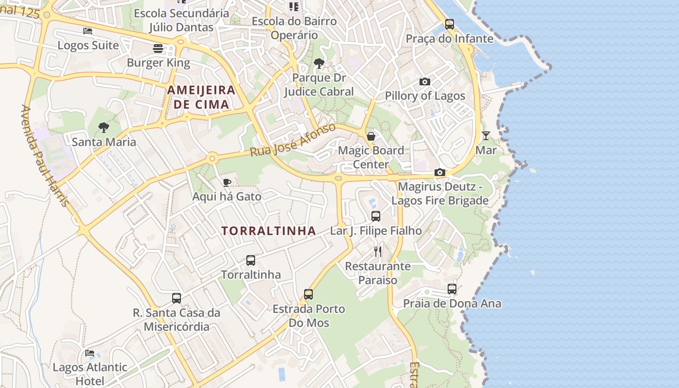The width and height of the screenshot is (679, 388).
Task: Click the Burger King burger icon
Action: tap(158, 48)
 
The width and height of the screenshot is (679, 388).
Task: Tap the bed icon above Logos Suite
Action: tap(88, 31)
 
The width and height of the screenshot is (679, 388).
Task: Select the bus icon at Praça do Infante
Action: tap(450, 24)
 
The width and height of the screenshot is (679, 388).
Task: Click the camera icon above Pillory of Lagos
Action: tap(425, 81)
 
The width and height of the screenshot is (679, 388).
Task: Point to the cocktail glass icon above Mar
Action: tap(486, 136)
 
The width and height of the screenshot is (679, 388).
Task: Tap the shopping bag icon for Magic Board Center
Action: tap(371, 136)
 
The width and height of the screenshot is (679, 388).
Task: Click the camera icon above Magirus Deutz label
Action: tap(440, 172)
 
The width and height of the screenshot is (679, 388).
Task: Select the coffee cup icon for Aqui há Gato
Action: tap(226, 182)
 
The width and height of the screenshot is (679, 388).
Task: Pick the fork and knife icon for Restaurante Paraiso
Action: tap(378, 252)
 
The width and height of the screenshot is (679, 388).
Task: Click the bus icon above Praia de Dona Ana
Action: tap(452, 289)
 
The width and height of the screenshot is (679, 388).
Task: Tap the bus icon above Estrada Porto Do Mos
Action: tap(308, 294)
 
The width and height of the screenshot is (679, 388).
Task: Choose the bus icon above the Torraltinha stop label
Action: tap(251, 260)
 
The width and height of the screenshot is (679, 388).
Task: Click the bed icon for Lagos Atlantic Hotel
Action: tap(90, 353)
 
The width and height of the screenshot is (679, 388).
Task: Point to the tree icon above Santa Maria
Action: tap(103, 128)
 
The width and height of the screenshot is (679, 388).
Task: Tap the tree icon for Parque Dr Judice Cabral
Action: tap(319, 63)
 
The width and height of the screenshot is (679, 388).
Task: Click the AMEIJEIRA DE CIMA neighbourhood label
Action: tap(201, 97)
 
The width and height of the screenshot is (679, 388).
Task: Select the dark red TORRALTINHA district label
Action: tap(269, 231)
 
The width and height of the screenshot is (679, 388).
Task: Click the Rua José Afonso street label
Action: tap(292, 140)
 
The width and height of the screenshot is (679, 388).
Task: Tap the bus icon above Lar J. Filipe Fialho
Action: tap(376, 216)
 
